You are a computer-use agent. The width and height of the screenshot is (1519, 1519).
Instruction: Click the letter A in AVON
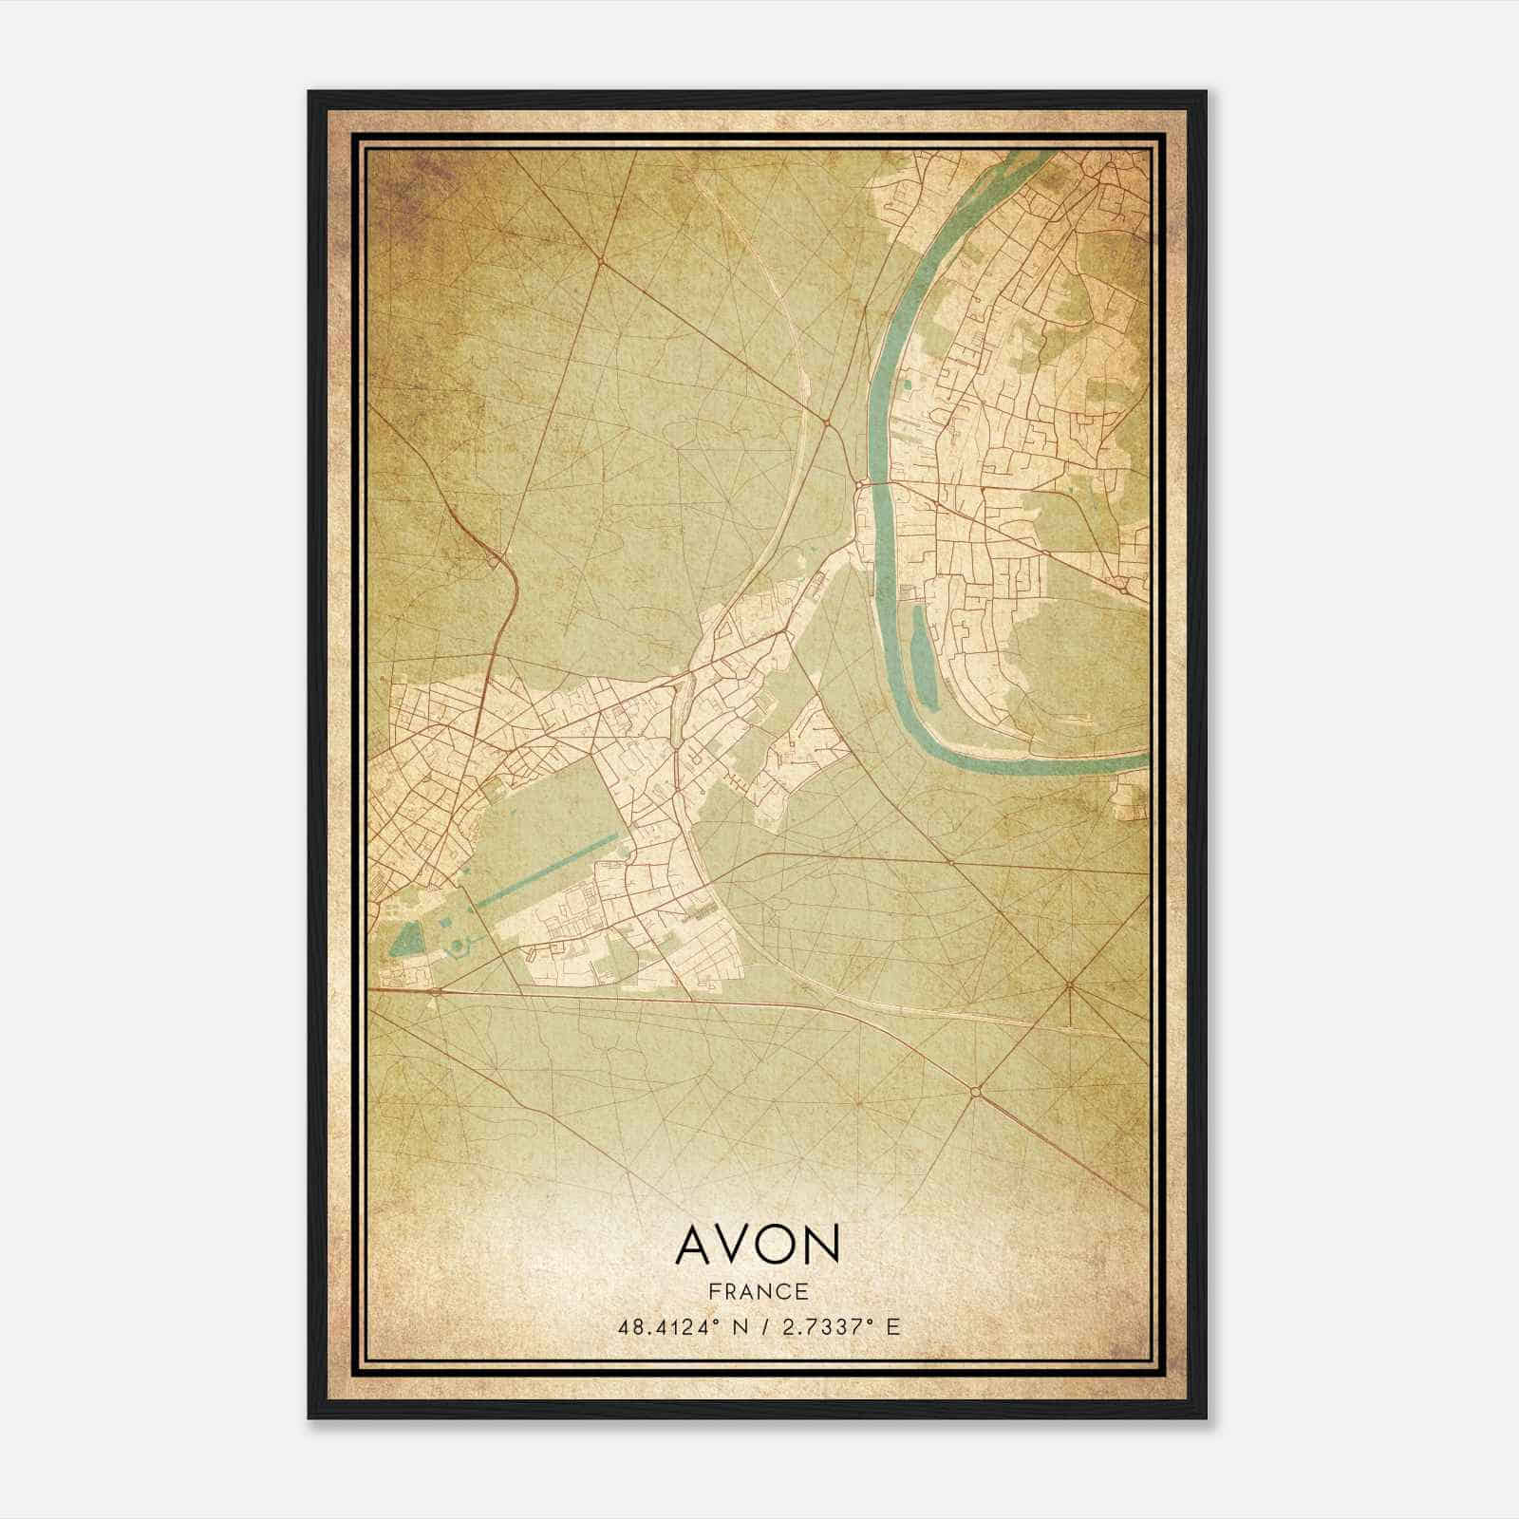coord(695,1245)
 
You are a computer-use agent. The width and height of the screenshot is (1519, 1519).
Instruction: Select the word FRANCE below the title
coord(757,1292)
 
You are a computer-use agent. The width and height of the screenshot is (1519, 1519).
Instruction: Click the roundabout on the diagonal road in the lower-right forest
coord(975,1093)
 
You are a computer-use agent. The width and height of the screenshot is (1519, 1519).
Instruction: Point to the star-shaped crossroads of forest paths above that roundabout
coord(1070,986)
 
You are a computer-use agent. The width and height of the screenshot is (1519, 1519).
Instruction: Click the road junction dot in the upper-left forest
coord(601,258)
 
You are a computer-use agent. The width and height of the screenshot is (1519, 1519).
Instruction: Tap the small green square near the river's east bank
coord(907,384)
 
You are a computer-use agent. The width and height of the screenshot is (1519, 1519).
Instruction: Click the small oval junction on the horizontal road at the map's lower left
coord(435,991)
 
